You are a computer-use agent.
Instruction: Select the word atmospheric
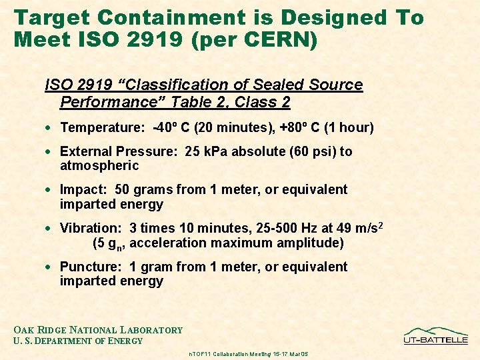99,165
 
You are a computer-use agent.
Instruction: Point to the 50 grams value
144,189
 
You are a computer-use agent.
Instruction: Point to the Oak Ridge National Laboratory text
98,330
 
